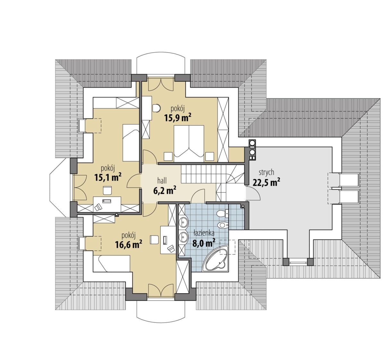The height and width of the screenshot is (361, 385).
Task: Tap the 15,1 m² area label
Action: (x=108, y=177)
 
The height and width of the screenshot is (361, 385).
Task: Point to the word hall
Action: (x=162, y=181)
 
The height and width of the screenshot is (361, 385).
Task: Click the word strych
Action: (x=267, y=173)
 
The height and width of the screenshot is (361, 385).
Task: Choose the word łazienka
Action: (x=204, y=233)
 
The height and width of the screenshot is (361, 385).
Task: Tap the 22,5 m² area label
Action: (x=266, y=182)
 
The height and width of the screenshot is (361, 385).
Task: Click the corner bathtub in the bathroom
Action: (x=215, y=258)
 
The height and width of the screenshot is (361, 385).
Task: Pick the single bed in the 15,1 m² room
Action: (x=131, y=143)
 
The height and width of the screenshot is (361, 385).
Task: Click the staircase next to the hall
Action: (x=212, y=174)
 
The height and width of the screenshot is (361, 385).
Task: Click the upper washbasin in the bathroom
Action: (x=184, y=222)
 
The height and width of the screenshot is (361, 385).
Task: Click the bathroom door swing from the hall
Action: (x=198, y=196)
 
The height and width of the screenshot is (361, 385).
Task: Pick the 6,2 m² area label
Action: (x=165, y=191)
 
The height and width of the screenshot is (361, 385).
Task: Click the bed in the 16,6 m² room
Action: (x=111, y=264)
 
